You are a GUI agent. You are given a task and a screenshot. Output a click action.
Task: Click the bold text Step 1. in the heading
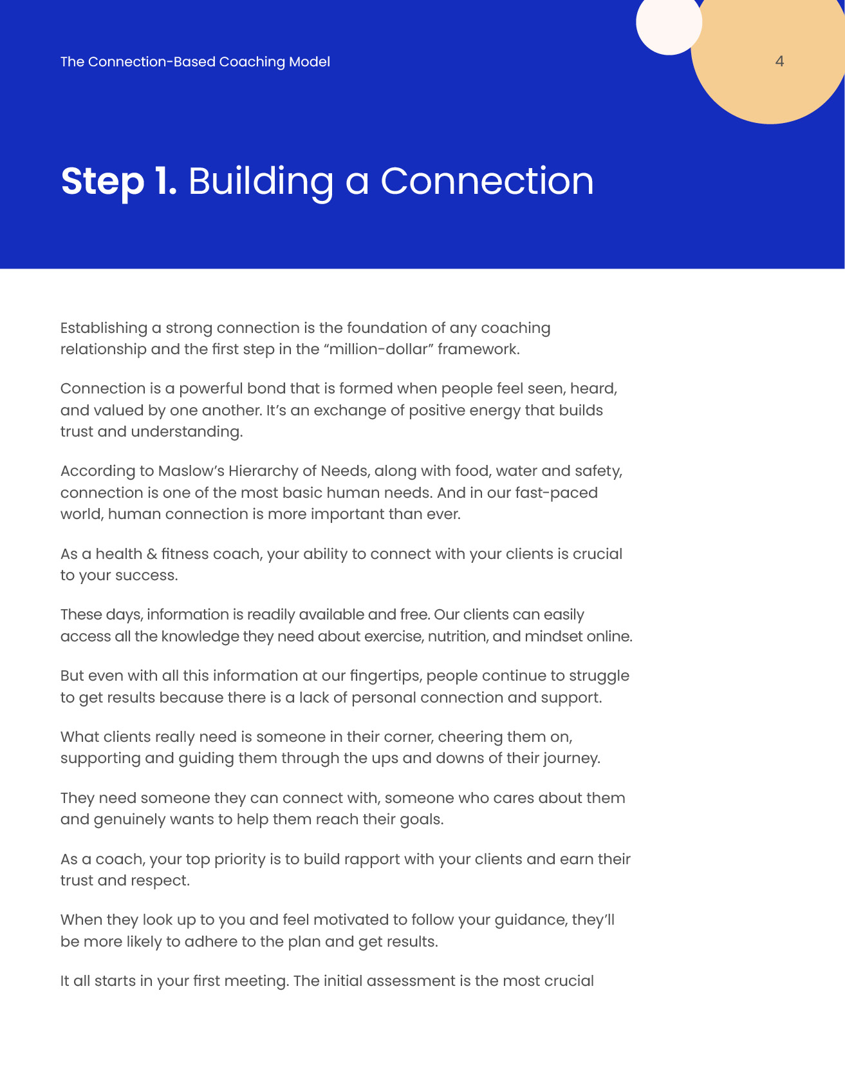click(118, 182)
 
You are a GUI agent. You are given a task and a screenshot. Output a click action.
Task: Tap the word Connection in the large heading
click(487, 182)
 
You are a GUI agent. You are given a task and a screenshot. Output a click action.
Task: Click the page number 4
click(779, 62)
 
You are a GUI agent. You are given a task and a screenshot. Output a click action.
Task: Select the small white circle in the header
click(668, 23)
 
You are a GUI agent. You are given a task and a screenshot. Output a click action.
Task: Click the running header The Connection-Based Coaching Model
click(195, 62)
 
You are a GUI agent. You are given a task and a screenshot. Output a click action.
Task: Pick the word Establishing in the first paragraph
click(104, 328)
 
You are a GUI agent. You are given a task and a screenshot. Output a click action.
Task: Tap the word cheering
click(469, 737)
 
